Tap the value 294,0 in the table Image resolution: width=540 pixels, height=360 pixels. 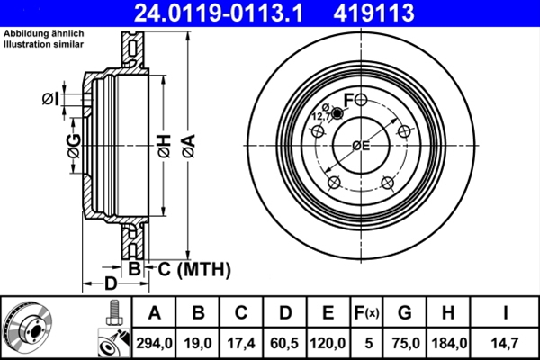click(x=154, y=341)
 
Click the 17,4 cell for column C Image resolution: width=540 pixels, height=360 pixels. click(x=242, y=341)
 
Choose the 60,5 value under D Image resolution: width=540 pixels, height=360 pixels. click(x=286, y=341)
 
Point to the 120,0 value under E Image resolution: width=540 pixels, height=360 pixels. click(x=328, y=341)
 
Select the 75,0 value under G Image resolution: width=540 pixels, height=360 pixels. click(x=404, y=341)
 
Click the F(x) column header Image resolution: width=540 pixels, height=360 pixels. click(x=366, y=313)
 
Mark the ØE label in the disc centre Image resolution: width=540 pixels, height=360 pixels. click(x=360, y=146)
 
